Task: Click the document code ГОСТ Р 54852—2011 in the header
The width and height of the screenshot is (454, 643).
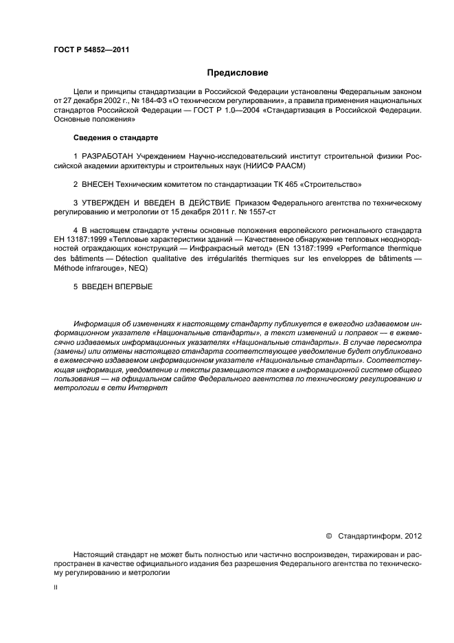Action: tap(91, 50)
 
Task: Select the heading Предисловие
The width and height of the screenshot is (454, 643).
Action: tap(238, 72)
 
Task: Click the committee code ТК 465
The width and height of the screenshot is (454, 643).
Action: tap(289, 185)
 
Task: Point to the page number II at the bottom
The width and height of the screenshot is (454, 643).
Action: tap(56, 589)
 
